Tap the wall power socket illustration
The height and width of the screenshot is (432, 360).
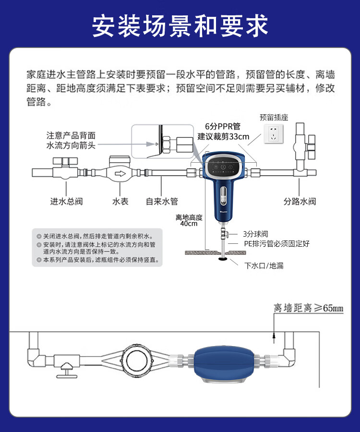[273, 133]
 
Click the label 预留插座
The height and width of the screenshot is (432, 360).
[274, 118]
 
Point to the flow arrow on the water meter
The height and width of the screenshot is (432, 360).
[120, 174]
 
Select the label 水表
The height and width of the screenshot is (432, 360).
[120, 202]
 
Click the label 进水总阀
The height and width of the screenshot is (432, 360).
[66, 202]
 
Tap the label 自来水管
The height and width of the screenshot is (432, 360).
[162, 202]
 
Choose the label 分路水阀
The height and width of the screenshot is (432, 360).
[300, 202]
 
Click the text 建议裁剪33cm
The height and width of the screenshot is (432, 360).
[223, 136]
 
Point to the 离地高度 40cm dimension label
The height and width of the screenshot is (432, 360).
[189, 220]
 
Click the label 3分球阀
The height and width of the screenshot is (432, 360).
[255, 234]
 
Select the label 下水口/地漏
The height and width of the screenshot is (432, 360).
[264, 265]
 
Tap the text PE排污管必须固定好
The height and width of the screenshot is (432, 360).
[276, 243]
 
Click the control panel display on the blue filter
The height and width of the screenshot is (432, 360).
[223, 167]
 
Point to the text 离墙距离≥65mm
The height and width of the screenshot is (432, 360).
[309, 308]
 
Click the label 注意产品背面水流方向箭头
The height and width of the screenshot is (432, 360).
[71, 140]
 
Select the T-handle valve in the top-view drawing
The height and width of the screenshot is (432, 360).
[66, 370]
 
